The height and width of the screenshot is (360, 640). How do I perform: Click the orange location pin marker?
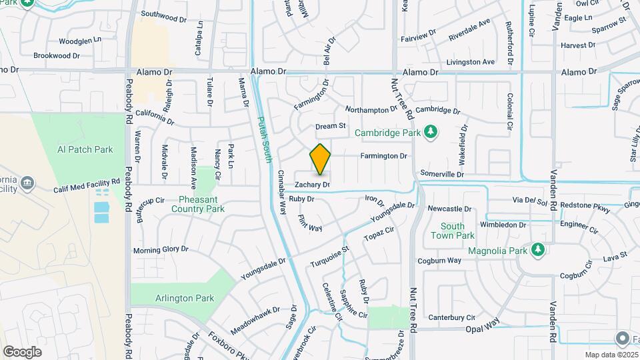320,159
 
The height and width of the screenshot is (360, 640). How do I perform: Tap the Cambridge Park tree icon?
431,131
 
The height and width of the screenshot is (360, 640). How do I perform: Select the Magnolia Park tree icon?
538,250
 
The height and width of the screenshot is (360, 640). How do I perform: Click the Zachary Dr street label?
313,183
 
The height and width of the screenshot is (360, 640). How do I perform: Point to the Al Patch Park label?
85,150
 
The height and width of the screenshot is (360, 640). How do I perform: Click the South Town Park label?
452,231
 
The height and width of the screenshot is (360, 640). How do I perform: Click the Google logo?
22,351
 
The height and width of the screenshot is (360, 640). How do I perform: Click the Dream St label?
331,125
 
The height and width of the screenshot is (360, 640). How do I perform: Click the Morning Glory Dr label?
161,249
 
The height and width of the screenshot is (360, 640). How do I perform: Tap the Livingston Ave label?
471,62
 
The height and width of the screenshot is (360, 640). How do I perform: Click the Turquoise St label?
329,258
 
